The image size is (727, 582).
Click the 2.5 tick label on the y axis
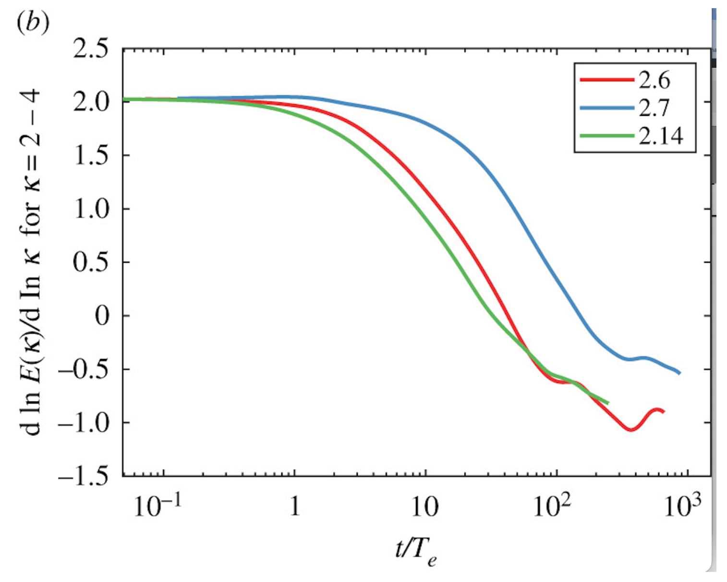pos(91,49)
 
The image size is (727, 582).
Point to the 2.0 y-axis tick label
pos(91,102)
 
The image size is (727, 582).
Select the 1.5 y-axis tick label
pos(91,156)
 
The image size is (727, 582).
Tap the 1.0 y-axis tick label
pos(91,209)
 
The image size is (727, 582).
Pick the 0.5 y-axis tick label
pos(91,262)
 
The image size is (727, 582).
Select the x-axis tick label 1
pos(295,506)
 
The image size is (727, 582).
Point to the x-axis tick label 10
pos(425,506)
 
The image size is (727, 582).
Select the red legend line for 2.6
pos(606,80)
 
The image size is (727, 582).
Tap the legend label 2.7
pos(654,108)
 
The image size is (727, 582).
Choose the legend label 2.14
pos(661,136)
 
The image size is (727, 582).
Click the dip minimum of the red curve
pos(631,429)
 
